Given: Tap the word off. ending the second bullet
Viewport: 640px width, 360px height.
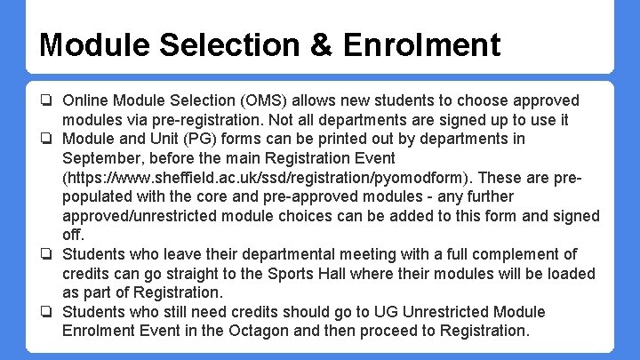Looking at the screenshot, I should [x=72, y=235].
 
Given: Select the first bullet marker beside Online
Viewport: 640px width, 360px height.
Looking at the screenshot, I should [x=46, y=101].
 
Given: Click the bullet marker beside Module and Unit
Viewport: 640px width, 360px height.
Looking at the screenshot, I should [x=46, y=140].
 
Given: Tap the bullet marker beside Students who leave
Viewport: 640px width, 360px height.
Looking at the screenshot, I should [x=46, y=255].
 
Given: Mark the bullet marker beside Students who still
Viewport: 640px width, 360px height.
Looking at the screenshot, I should [x=46, y=312].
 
